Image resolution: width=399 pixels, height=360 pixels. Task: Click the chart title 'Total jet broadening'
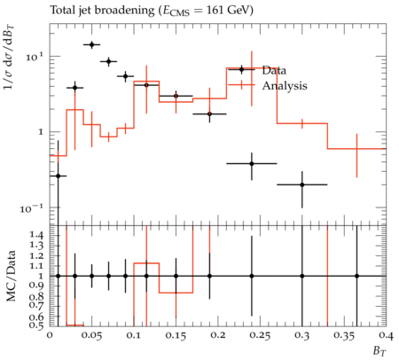[x=102, y=11]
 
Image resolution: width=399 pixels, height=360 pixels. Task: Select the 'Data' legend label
[x=274, y=71]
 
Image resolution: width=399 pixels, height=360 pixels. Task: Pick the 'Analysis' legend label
[x=285, y=86]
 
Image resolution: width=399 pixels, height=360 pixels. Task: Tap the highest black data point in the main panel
[x=91, y=44]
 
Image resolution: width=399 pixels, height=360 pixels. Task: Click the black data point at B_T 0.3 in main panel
[x=302, y=184]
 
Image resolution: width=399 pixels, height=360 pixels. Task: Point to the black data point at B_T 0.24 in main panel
[x=252, y=163]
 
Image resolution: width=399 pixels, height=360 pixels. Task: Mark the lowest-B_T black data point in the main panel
[x=58, y=176]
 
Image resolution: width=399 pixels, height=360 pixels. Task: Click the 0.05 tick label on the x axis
[x=91, y=336]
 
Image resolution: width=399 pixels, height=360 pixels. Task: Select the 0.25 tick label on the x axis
[x=260, y=336]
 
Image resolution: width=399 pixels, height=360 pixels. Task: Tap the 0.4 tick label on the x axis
[x=386, y=336]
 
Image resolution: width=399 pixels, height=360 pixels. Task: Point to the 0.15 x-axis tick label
[x=176, y=336]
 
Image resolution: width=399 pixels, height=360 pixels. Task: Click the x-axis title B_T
[x=379, y=351]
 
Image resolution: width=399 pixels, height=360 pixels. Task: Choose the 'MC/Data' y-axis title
[x=11, y=276]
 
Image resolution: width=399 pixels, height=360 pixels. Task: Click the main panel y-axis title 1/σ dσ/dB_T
[x=9, y=57]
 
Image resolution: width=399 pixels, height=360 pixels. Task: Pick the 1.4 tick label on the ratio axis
[x=36, y=235]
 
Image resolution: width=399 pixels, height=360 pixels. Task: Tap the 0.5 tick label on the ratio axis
[x=36, y=325]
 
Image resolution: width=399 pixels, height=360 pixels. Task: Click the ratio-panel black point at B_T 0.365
[x=356, y=276]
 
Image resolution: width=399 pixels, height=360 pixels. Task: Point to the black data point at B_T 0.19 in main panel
[x=209, y=113]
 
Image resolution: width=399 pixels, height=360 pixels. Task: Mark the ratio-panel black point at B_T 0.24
[x=252, y=276]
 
